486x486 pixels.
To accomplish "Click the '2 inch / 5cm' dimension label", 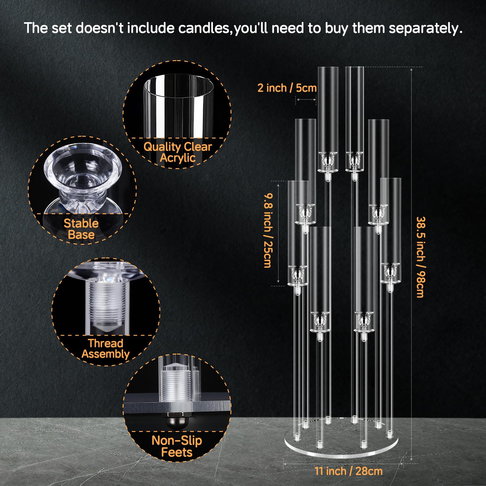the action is pyautogui.click(x=287, y=88).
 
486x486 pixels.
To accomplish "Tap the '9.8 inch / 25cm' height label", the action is pyautogui.click(x=268, y=231).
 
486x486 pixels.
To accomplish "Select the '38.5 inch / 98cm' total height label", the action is pyautogui.click(x=421, y=257).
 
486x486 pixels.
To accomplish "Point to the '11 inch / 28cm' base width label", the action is pyautogui.click(x=349, y=471).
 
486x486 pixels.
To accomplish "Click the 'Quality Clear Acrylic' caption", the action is pyautogui.click(x=178, y=152).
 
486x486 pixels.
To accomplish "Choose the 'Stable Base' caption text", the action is pyautogui.click(x=81, y=229).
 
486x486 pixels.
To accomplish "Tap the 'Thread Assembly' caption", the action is pyautogui.click(x=105, y=349).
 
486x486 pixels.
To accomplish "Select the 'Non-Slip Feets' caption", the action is pyautogui.click(x=177, y=446).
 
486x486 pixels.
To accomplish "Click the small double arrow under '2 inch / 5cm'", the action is pyautogui.click(x=306, y=99).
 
